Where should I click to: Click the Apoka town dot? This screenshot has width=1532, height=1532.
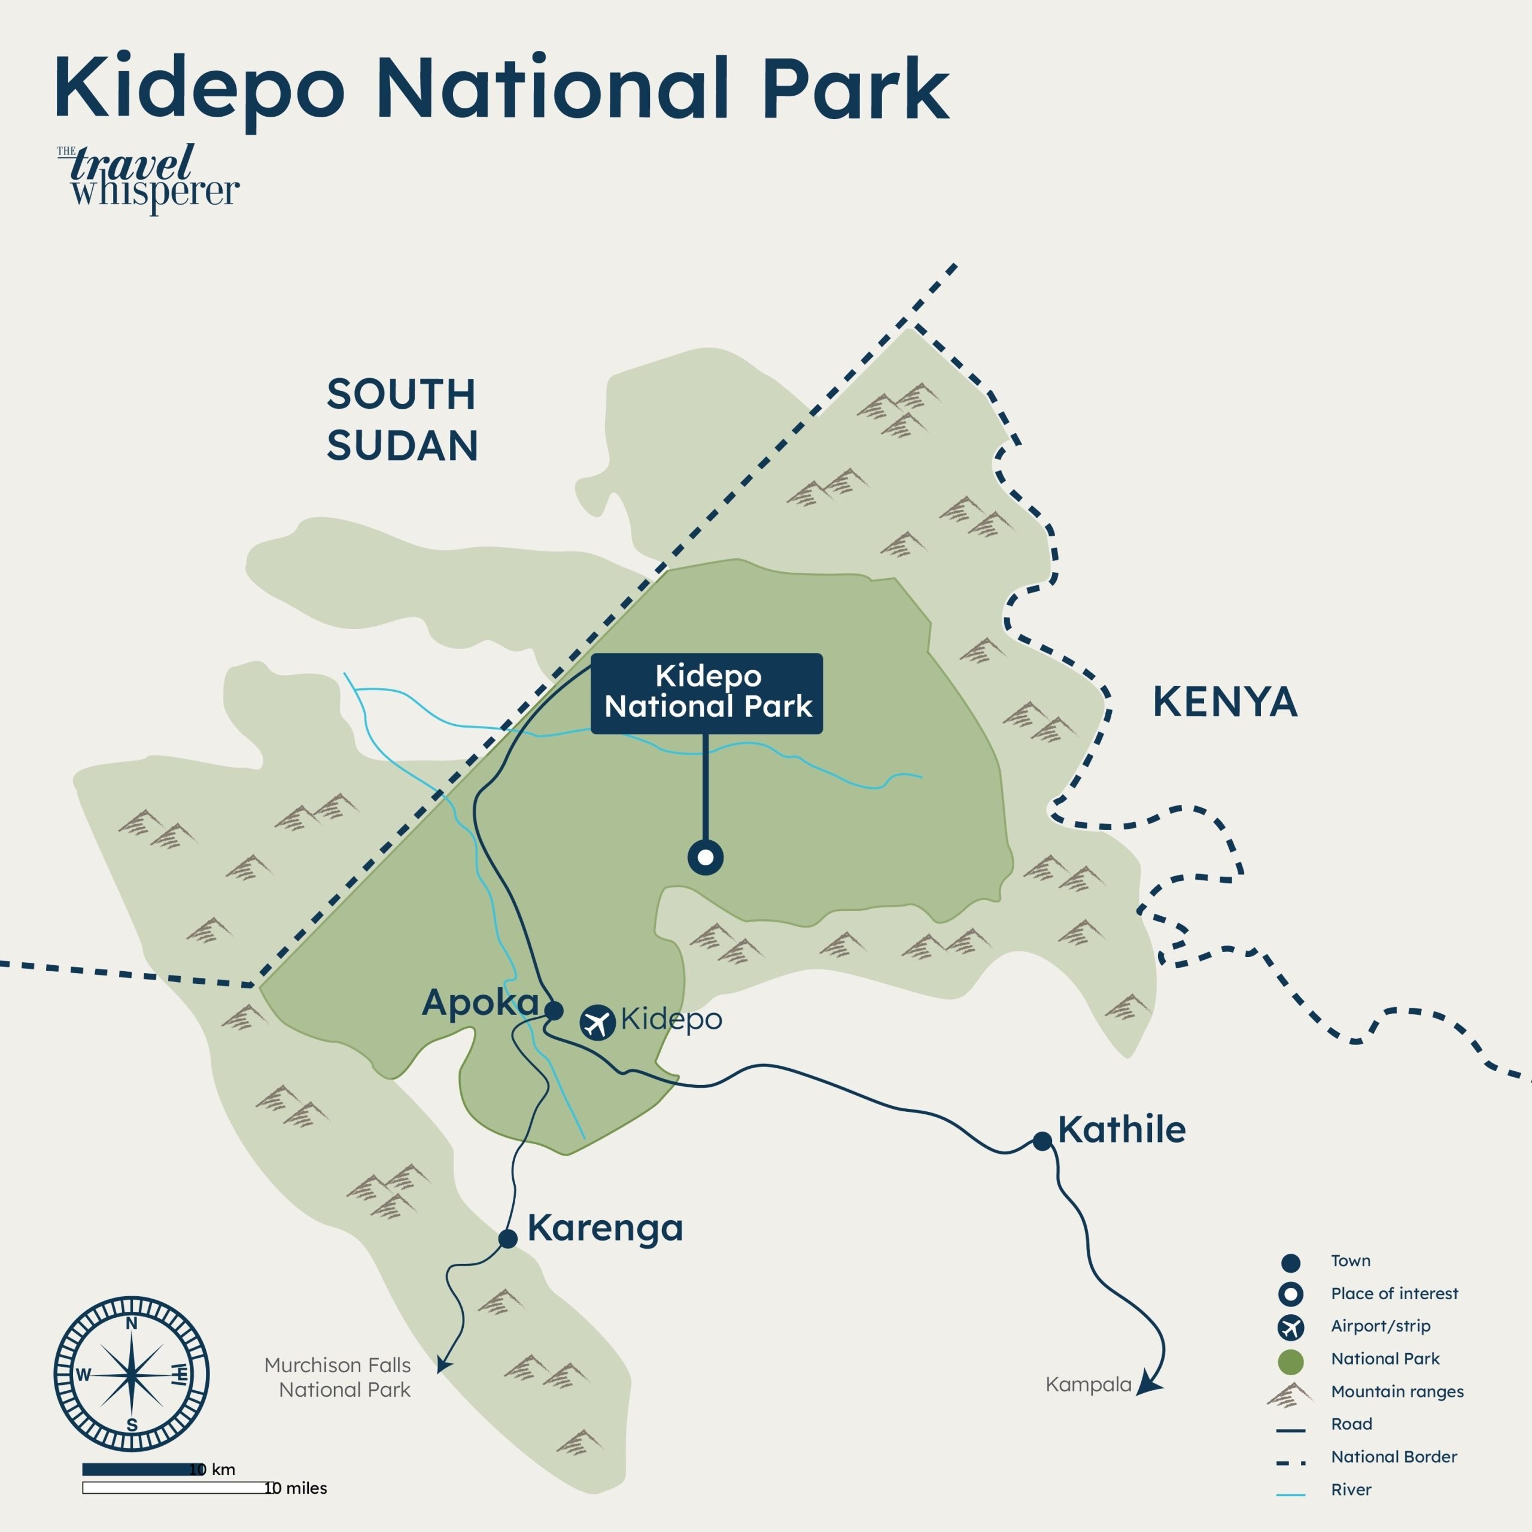(554, 1010)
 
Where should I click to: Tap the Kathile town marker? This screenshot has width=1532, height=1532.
(1042, 1141)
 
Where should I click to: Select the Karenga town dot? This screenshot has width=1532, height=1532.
(507, 1239)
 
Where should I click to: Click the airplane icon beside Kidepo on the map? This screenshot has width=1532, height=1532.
(597, 1022)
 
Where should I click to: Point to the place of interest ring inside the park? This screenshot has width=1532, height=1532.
(705, 857)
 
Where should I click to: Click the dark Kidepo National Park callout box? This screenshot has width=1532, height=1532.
(707, 692)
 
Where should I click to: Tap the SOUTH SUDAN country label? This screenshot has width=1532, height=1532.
(402, 420)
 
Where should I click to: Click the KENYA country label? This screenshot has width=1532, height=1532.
(1224, 703)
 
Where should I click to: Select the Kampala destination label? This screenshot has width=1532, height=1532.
(1088, 1385)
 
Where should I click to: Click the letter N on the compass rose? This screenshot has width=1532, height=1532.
(132, 1324)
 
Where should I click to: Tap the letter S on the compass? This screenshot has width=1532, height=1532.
(132, 1425)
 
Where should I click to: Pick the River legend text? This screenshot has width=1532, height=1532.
(1351, 1490)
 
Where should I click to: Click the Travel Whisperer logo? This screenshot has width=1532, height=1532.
(148, 178)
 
